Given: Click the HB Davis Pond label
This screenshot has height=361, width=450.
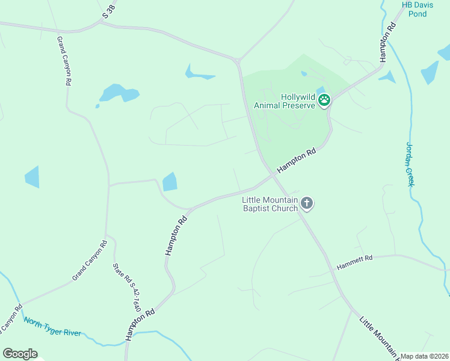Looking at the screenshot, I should [414, 9].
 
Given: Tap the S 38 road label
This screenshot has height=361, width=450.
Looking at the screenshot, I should [109, 10].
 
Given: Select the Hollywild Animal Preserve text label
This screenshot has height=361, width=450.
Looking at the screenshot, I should [285, 100].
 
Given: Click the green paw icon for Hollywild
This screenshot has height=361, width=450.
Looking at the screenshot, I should [324, 100].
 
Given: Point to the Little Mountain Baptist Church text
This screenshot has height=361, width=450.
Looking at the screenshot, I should [270, 204].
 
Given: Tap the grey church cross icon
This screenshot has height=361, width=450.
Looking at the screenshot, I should [307, 203].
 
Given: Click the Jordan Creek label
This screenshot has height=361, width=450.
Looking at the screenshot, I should [410, 164].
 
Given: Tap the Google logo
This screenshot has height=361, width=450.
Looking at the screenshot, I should [20, 354].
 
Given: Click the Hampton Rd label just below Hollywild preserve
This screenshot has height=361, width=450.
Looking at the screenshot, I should [297, 162].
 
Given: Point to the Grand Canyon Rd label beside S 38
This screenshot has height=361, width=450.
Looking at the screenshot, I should [64, 60].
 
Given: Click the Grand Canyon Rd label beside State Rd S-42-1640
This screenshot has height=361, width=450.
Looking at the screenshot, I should [89, 261].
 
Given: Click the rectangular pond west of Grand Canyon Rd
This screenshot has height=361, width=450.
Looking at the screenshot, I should [32, 176].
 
